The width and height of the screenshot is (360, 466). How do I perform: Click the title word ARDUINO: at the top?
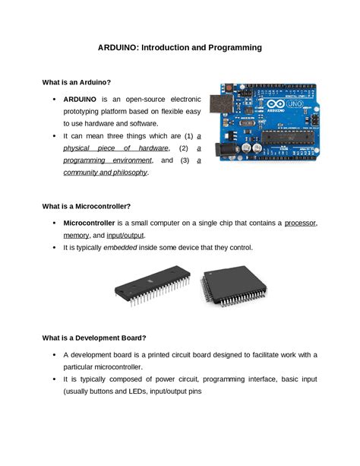(120, 47)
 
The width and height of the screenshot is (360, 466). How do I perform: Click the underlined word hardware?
(169, 147)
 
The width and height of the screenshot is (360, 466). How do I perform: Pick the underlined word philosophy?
(128, 173)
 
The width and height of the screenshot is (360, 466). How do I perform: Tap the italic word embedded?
(126, 248)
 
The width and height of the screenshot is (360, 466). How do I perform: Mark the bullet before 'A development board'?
(54, 354)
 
